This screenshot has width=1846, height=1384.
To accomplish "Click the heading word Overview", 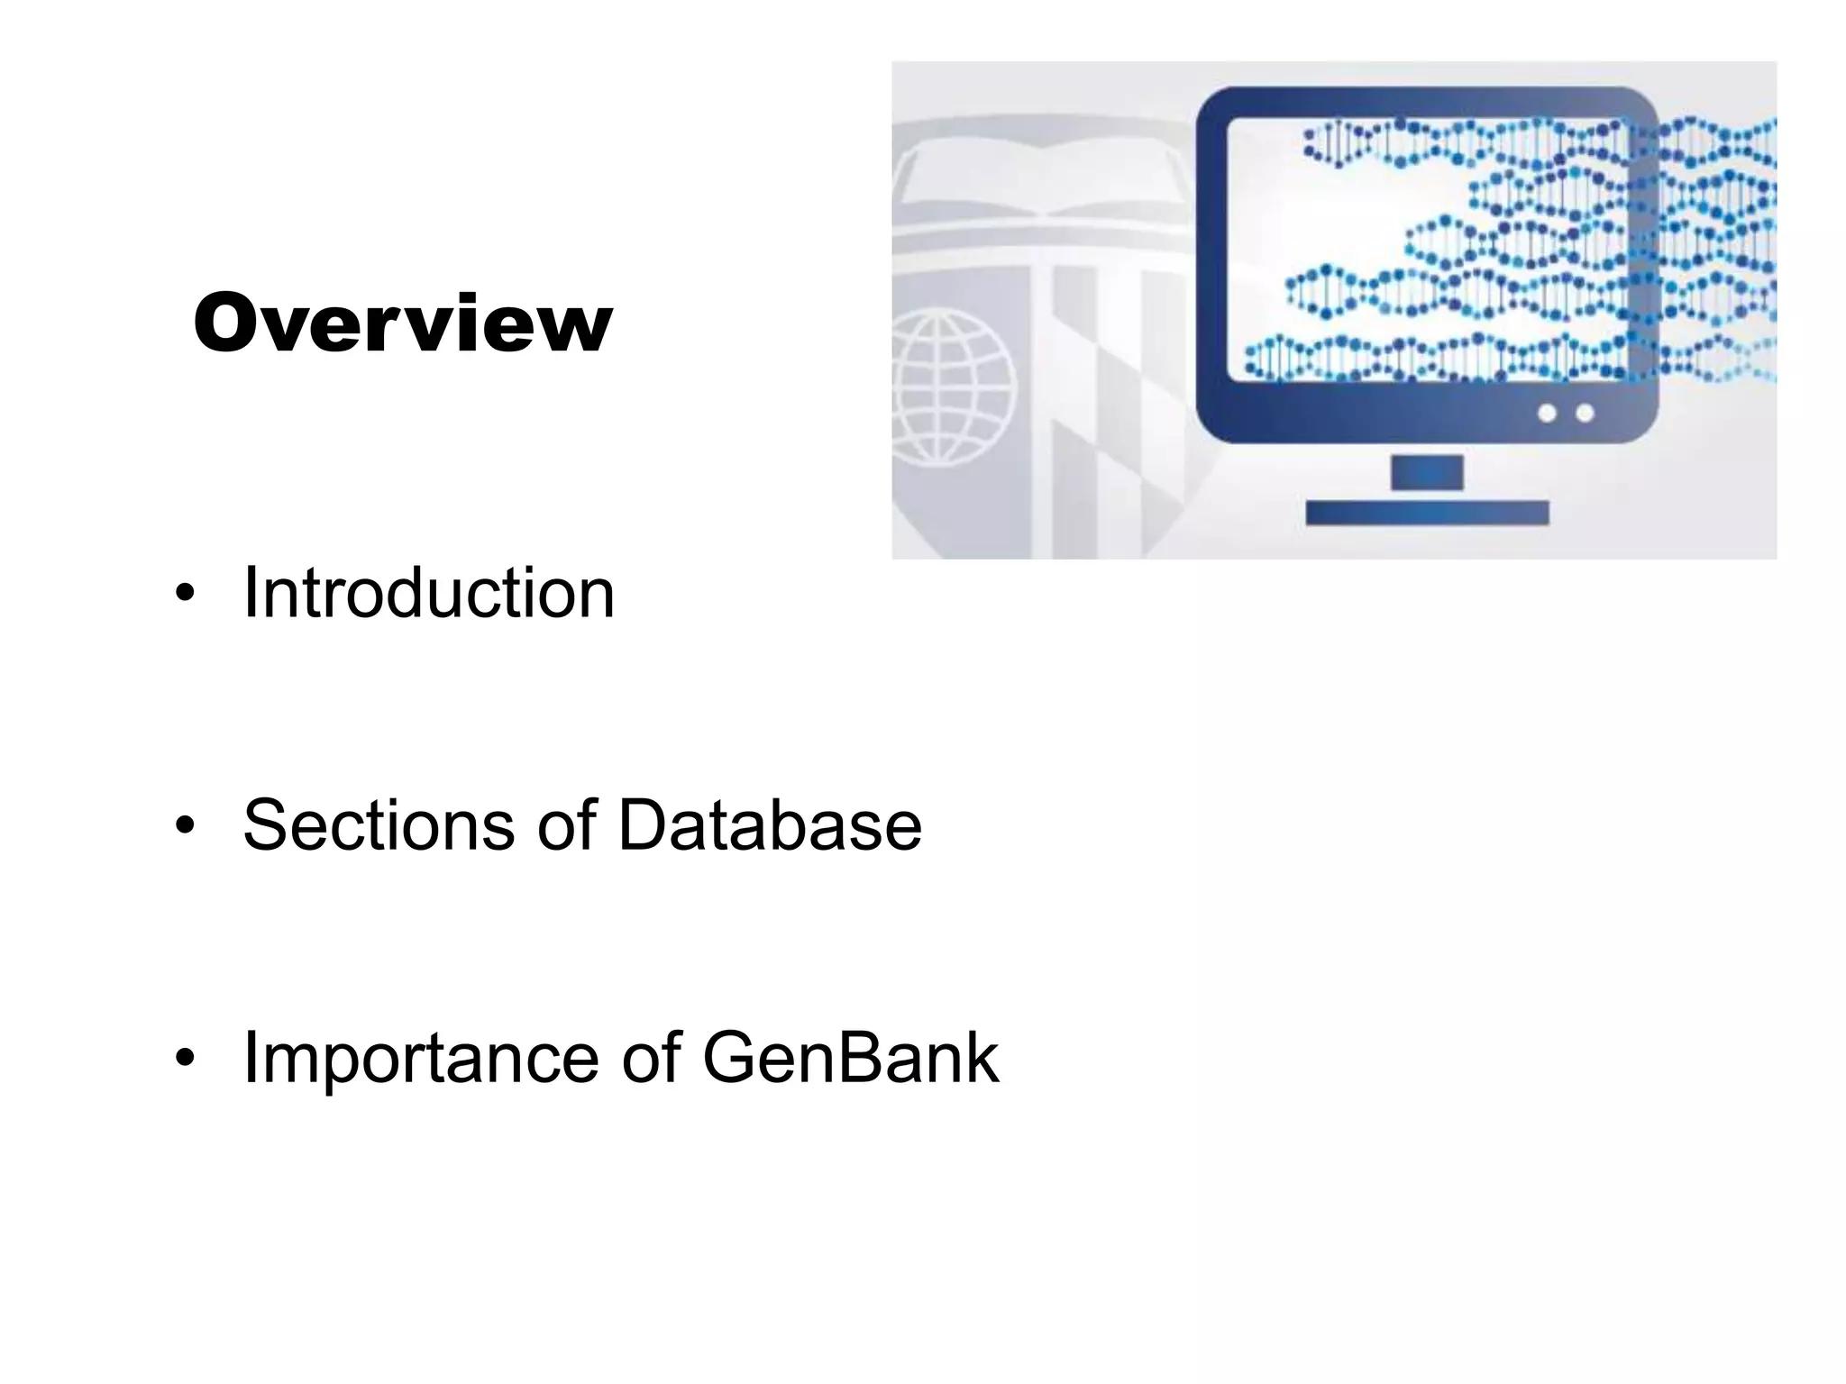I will pyautogui.click(x=403, y=323).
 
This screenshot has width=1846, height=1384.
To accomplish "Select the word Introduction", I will pyautogui.click(x=429, y=593).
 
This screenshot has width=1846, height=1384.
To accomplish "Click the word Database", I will pyautogui.click(x=770, y=824).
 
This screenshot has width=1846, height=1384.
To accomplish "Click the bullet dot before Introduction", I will pyautogui.click(x=185, y=594).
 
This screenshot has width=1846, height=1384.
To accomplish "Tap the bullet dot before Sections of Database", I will pyautogui.click(x=185, y=825).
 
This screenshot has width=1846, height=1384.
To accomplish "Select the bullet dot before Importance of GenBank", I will pyautogui.click(x=185, y=1058).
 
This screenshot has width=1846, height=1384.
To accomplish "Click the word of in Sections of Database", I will pyautogui.click(x=567, y=824).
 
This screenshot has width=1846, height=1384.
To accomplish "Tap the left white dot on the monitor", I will pyautogui.click(x=1547, y=414).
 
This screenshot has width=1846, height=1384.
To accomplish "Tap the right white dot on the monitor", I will pyautogui.click(x=1585, y=414).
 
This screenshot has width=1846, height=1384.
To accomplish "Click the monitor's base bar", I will pyautogui.click(x=1427, y=513).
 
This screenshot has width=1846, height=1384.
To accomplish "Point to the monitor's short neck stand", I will pyautogui.click(x=1426, y=472).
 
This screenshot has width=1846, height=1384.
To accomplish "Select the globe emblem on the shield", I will pyautogui.click(x=951, y=389).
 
